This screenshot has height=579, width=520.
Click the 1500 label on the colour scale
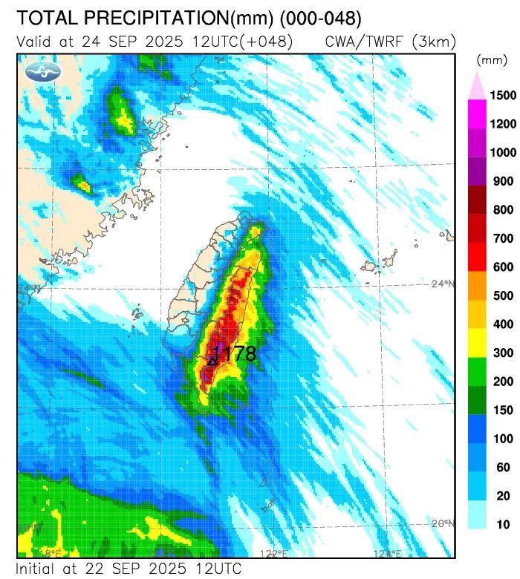[x=503, y=96]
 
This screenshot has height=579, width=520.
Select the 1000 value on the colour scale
[x=503, y=153]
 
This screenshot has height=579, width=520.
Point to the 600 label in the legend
[x=503, y=267]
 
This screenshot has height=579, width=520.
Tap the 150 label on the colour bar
[x=503, y=410]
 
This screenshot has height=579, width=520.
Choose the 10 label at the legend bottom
[x=503, y=525]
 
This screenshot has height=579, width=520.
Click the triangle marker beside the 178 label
[x=212, y=361]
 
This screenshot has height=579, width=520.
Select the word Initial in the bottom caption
[x=40, y=569]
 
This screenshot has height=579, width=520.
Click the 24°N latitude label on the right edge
[x=443, y=284]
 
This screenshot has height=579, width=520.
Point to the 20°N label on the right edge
[x=443, y=523]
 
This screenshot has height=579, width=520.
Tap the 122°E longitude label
[x=273, y=554]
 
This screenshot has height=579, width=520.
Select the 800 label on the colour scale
[x=503, y=210]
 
